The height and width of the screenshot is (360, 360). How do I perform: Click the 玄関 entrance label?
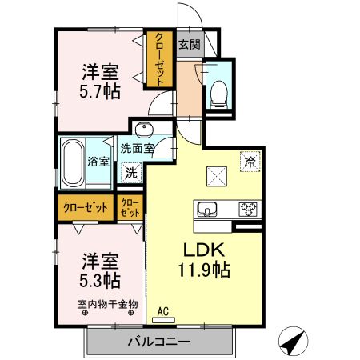pyautogui.click(x=190, y=44)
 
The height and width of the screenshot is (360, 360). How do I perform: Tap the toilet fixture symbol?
pyautogui.click(x=219, y=94)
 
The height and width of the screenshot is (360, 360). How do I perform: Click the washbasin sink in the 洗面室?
pyautogui.click(x=144, y=130)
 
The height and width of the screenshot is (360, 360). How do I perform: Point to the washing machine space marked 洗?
pyautogui.click(x=131, y=173)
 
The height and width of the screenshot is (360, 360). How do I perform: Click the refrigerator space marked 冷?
pyautogui.click(x=250, y=162)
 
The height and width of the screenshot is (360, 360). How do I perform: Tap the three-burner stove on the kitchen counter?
pyautogui.click(x=248, y=209)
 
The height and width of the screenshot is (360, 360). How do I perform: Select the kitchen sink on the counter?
pyautogui.click(x=207, y=209)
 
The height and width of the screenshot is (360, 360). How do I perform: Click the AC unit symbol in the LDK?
pyautogui.click(x=163, y=320)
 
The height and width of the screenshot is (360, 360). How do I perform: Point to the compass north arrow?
pyautogui.click(x=293, y=341)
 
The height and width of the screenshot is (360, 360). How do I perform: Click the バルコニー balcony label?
pyautogui.click(x=159, y=342)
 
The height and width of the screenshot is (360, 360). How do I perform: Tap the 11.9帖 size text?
pyautogui.click(x=204, y=270)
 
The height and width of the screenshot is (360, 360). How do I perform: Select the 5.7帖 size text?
pyautogui.click(x=100, y=91)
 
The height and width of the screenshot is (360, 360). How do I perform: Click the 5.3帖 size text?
pyautogui.click(x=100, y=280)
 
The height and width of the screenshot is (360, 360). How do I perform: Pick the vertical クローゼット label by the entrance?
pyautogui.click(x=160, y=59)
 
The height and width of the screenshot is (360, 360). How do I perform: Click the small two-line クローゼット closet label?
pyautogui.click(x=130, y=208)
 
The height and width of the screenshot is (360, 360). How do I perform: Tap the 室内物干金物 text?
pyautogui.click(x=107, y=304)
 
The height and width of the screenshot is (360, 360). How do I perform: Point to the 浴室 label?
pyautogui.click(x=98, y=162)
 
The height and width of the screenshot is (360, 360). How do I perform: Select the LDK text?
pyautogui.click(x=203, y=250)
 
